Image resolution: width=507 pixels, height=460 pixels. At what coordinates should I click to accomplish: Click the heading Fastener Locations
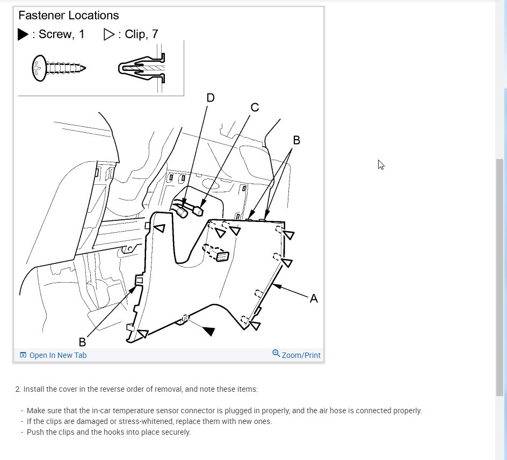click(69, 16)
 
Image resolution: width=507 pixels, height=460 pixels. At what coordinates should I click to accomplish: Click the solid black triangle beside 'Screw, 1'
click(23, 34)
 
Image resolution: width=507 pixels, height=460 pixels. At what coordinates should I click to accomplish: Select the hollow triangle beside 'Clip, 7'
click(109, 34)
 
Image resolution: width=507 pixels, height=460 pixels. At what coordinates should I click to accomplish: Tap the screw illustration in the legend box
click(59, 68)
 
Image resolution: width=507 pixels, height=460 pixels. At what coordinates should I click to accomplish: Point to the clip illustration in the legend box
click(141, 68)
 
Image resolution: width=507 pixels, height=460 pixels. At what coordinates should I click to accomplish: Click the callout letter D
click(211, 98)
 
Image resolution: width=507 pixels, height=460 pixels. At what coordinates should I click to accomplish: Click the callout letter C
click(255, 108)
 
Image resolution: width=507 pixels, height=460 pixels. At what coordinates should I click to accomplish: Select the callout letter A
click(314, 298)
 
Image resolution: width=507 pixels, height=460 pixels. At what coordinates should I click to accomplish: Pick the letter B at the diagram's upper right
click(296, 140)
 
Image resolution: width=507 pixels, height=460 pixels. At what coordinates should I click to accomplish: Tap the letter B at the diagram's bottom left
click(82, 342)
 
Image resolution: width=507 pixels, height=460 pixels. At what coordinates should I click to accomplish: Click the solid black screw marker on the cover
click(209, 331)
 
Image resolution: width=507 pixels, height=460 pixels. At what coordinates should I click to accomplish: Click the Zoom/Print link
click(301, 355)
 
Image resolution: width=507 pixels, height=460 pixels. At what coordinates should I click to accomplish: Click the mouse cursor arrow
click(381, 164)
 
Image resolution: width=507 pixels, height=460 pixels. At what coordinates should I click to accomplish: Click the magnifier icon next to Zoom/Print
click(276, 354)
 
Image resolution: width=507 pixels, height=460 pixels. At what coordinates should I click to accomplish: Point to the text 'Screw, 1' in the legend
click(61, 34)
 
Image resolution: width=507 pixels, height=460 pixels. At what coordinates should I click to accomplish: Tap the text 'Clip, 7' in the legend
click(141, 34)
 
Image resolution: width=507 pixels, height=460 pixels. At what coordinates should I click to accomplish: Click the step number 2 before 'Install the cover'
click(18, 389)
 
